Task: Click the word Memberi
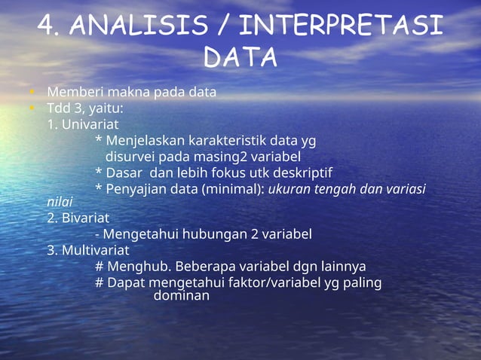click(x=72, y=93)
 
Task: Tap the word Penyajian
click(x=136, y=188)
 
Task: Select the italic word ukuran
click(x=290, y=188)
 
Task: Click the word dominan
click(x=181, y=296)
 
